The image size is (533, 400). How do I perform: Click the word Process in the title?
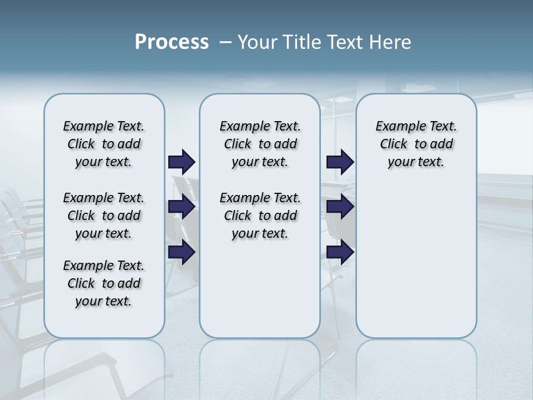[x=172, y=42]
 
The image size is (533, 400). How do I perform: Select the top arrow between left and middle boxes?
[x=182, y=162]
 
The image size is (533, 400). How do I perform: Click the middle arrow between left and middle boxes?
[x=182, y=207]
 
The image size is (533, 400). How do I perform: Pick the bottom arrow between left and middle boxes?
[x=182, y=252]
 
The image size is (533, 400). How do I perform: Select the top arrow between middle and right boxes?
[x=340, y=162]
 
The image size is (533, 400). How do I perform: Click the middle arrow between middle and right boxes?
[x=340, y=207]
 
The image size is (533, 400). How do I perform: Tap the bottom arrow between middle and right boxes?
[x=340, y=252]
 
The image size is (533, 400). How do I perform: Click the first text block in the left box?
[x=104, y=144]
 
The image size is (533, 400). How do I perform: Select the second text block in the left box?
[x=104, y=216]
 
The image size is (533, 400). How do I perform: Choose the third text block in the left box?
[x=104, y=283]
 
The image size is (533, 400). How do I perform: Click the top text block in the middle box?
[x=260, y=144]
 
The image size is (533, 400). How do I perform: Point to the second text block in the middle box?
[x=260, y=216]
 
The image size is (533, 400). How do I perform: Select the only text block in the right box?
[x=416, y=144]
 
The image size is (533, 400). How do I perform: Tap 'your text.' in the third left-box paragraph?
[x=104, y=301]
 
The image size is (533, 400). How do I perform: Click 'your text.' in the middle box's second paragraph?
[x=260, y=233]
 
